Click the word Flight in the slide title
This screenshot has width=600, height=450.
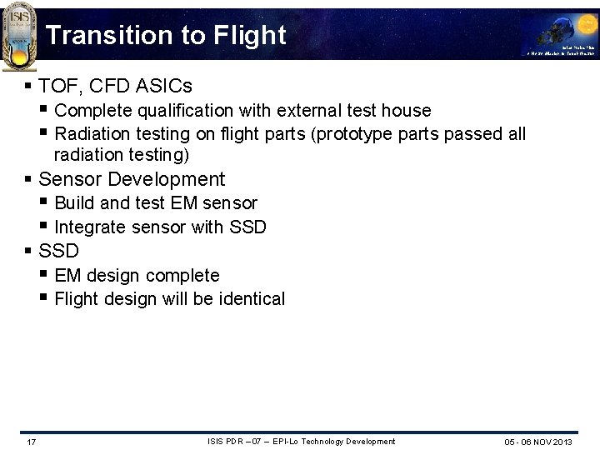[250, 35]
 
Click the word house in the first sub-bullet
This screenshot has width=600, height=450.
[407, 111]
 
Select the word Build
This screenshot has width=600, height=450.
[73, 203]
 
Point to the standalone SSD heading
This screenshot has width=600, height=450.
[58, 251]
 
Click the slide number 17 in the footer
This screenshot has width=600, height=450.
[31, 441]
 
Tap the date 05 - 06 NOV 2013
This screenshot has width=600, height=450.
[537, 442]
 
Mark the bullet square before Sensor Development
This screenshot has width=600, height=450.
[28, 179]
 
